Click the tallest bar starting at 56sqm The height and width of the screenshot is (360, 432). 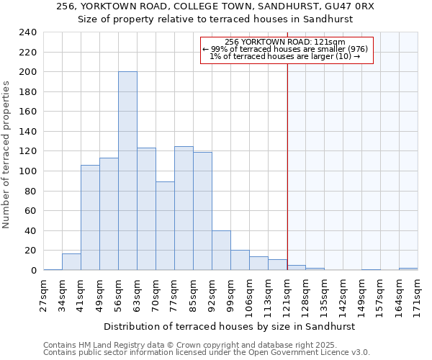pos(127,171)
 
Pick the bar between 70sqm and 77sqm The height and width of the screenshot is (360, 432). pos(165,226)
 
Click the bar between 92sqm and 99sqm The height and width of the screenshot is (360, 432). pos(221,251)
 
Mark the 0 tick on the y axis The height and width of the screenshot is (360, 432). pos(33,270)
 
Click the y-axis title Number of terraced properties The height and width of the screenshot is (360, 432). pos(7,155)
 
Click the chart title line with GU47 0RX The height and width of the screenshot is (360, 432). pos(215,6)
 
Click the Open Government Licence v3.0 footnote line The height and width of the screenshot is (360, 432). pos(207,353)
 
